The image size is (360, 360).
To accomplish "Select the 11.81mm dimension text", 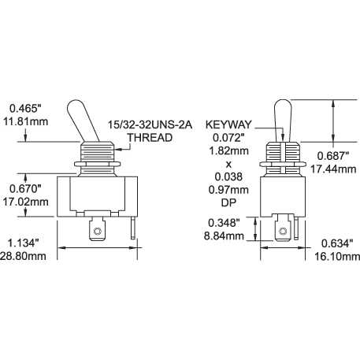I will pos(27,122).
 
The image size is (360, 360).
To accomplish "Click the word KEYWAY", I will pos(228,124).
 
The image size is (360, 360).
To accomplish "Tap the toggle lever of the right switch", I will pos(284,116).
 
